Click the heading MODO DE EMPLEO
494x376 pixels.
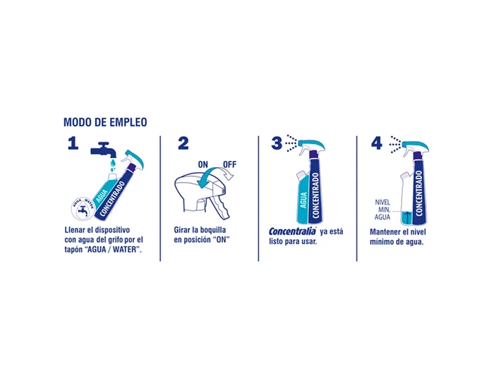tap(105, 122)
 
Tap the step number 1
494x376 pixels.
tap(71, 143)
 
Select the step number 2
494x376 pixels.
tap(183, 143)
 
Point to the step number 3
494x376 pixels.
tap(277, 143)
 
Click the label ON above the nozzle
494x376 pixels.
tap(203, 165)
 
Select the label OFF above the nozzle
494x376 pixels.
tap(229, 165)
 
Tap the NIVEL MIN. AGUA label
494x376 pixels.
tap(382, 210)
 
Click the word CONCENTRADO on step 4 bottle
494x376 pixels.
tap(418, 189)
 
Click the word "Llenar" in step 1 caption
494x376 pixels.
tap(74, 231)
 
